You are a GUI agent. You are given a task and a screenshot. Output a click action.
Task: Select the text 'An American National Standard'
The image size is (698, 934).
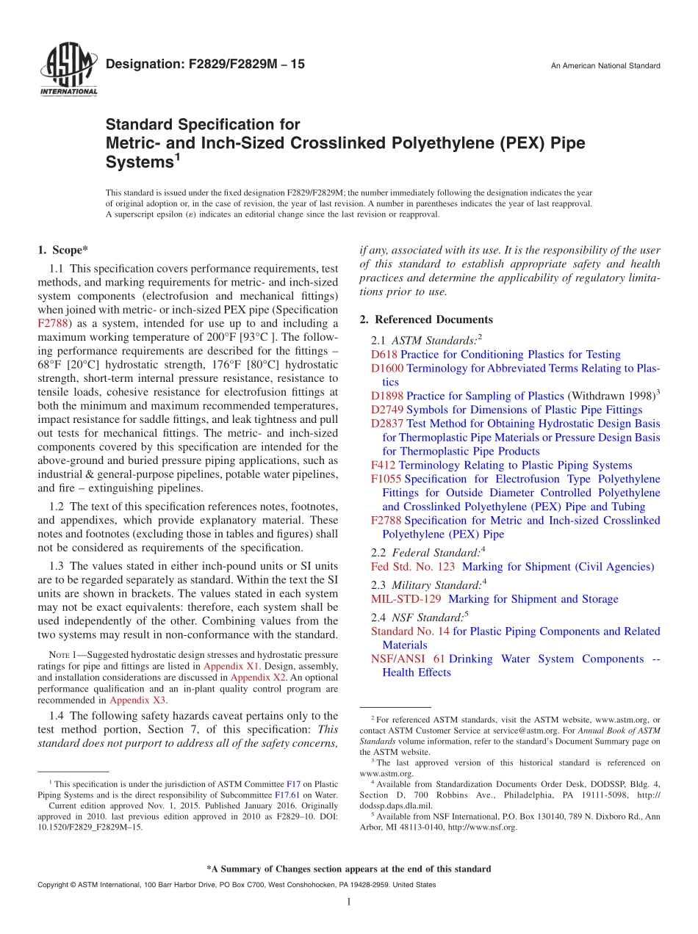tap(605, 66)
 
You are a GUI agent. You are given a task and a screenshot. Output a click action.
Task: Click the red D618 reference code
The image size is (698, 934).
tap(384, 355)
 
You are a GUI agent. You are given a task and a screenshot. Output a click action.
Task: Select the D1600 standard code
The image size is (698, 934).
tap(387, 369)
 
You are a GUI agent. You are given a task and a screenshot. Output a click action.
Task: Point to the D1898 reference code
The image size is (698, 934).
tap(387, 397)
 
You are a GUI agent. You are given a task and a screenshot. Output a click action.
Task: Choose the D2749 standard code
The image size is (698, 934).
tap(387, 410)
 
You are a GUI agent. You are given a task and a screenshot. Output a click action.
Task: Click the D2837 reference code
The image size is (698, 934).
tap(387, 424)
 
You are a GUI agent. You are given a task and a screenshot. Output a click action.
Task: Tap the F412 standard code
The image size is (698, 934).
tap(384, 466)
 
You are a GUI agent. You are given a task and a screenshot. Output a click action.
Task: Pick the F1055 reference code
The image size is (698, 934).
tap(386, 479)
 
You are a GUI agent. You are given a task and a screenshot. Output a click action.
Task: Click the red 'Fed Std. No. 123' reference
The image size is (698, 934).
tap(413, 567)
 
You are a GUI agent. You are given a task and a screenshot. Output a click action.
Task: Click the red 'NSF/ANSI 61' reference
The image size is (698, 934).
tap(408, 659)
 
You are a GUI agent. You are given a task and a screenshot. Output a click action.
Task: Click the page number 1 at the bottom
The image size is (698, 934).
tap(349, 902)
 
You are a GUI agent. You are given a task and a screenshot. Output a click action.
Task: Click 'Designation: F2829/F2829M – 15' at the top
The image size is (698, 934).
tap(205, 65)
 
